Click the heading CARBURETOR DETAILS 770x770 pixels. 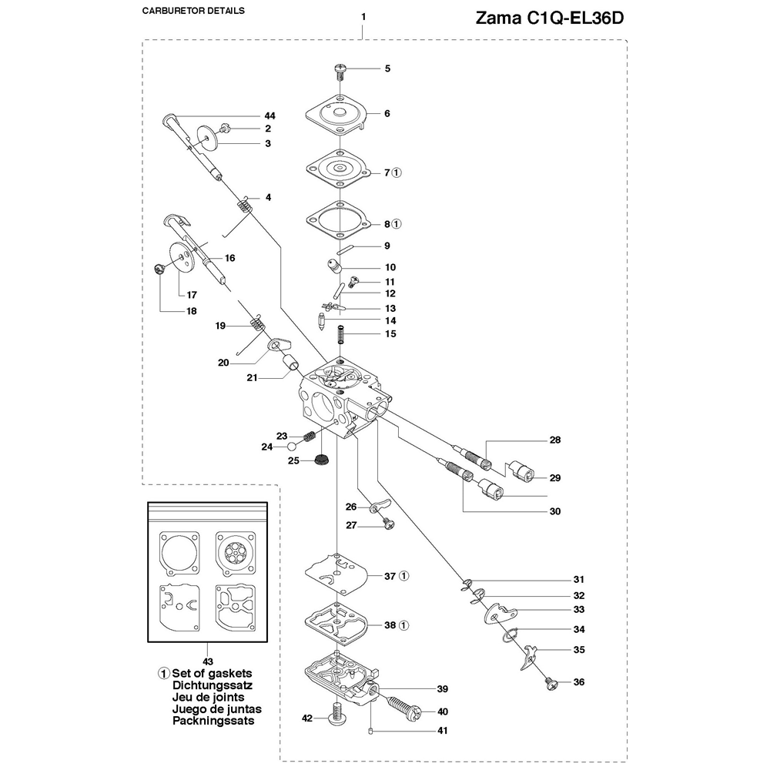coord(194,12)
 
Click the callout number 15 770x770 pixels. coord(390,334)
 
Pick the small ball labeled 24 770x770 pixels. coord(292,446)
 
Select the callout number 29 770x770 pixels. coord(555,478)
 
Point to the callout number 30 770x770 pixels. coord(555,511)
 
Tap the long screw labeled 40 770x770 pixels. coord(400,710)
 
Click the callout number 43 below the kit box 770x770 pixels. coord(207,661)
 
